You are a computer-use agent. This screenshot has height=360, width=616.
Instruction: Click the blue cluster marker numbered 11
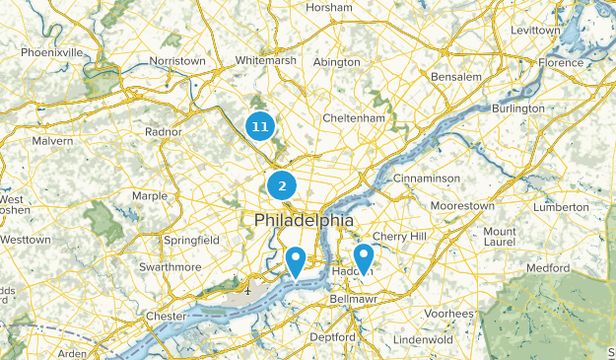click(x=259, y=126)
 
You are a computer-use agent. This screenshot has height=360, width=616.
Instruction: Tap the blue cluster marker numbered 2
click(x=282, y=184)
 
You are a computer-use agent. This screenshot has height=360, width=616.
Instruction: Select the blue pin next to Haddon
click(x=364, y=258)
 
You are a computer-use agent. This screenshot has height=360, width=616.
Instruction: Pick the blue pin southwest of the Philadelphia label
click(x=295, y=261)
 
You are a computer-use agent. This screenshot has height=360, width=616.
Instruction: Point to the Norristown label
click(x=177, y=61)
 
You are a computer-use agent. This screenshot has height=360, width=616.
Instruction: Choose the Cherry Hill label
click(x=399, y=237)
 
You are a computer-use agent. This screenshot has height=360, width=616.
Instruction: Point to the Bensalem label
click(x=455, y=76)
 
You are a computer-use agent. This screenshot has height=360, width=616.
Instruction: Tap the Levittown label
click(x=534, y=31)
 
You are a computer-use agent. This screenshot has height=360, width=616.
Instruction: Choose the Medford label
click(x=548, y=267)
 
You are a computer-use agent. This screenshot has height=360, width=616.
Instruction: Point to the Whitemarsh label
click(x=264, y=61)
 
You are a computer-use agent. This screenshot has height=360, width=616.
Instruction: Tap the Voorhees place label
click(x=449, y=313)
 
